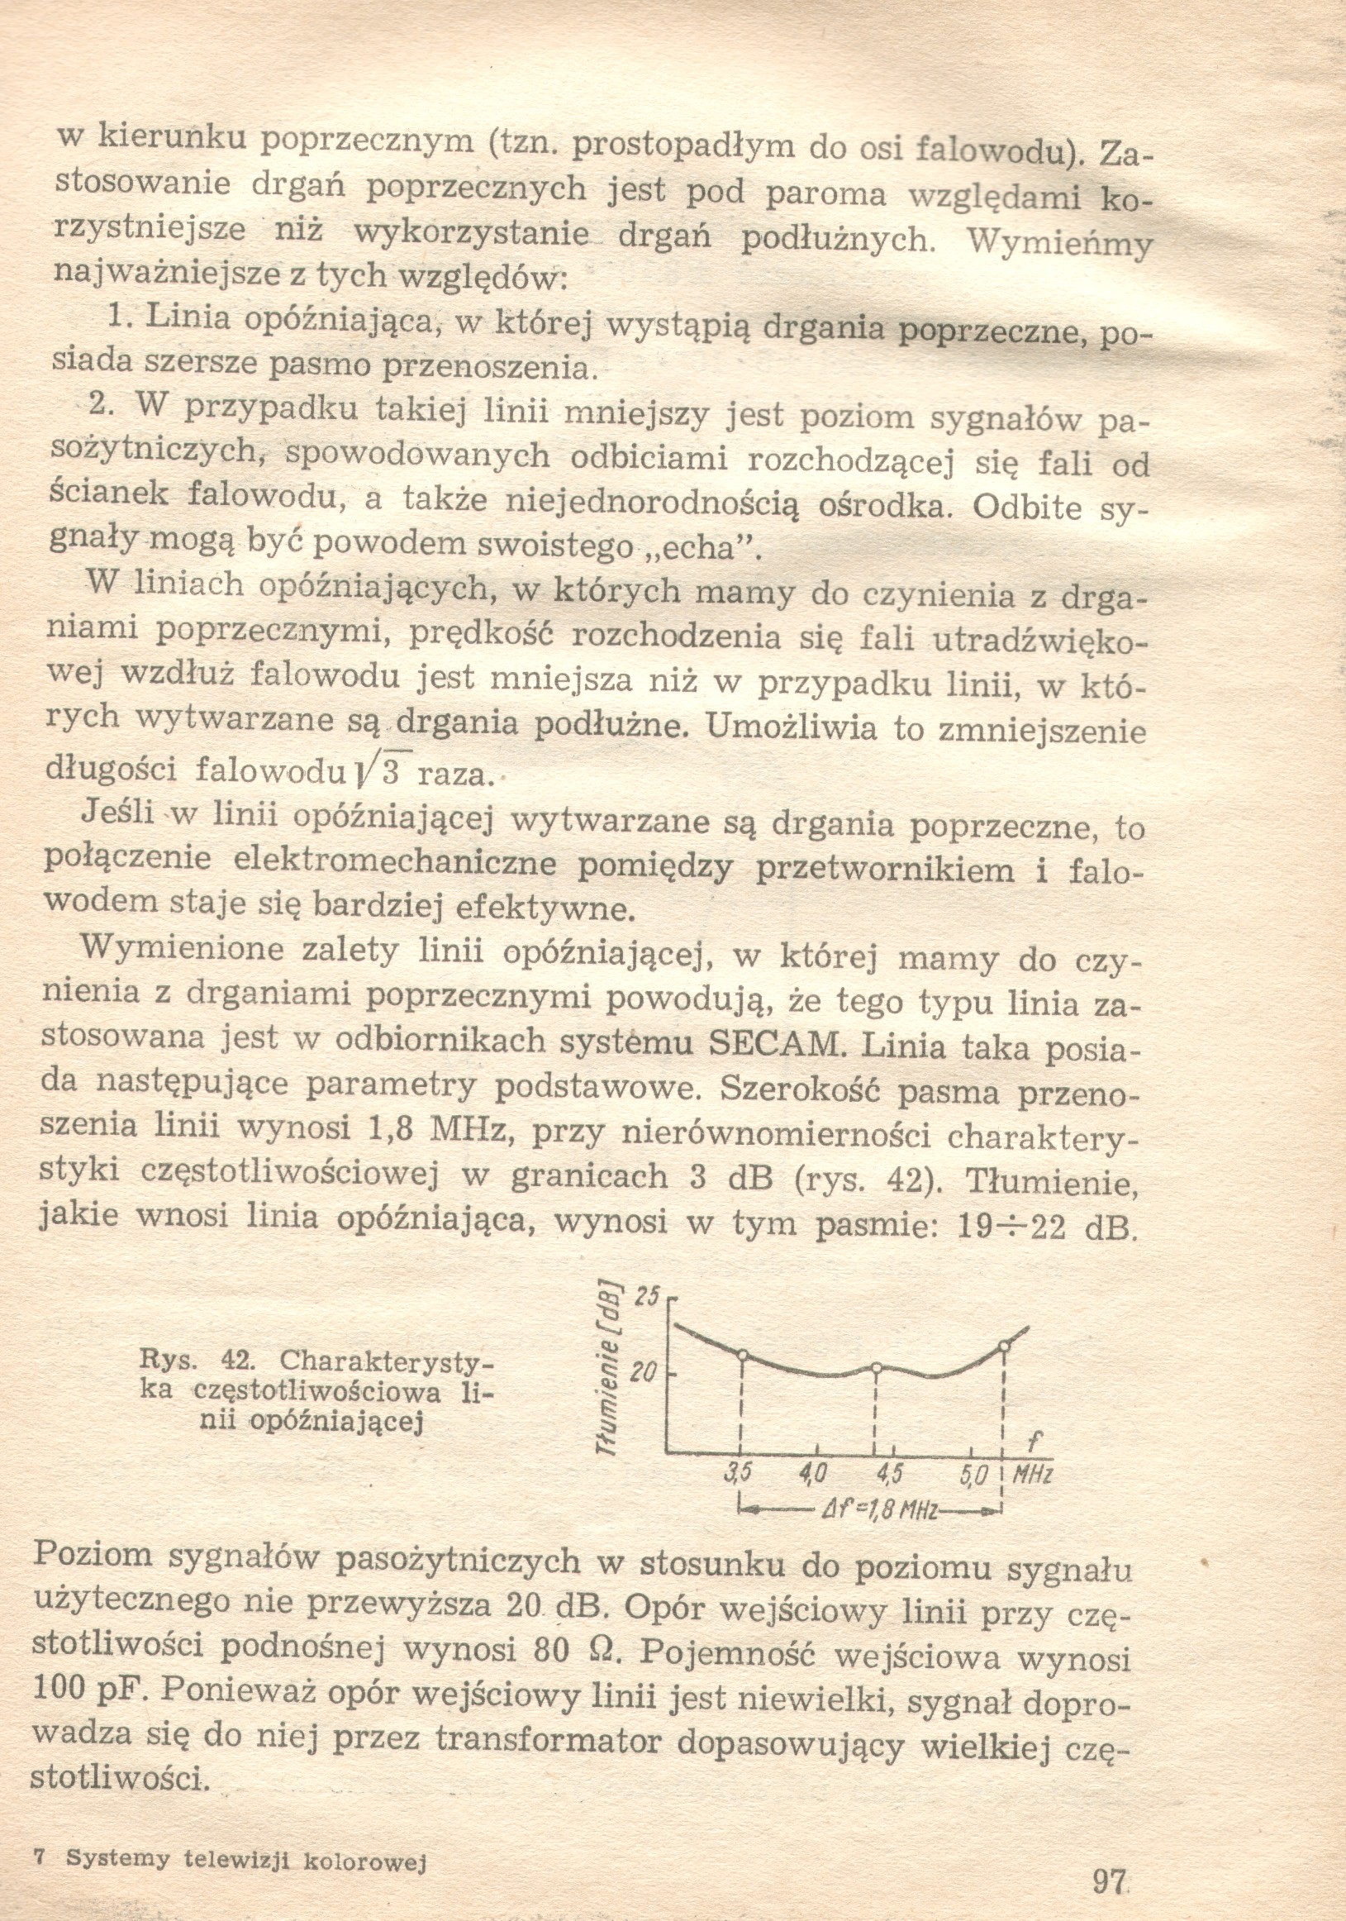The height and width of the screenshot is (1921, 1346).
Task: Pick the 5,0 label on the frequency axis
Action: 973,1474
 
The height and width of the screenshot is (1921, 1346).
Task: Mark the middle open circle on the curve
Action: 876,1368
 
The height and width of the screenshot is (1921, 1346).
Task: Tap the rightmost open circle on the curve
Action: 1004,1346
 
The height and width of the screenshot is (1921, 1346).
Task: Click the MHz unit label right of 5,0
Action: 1031,1474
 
